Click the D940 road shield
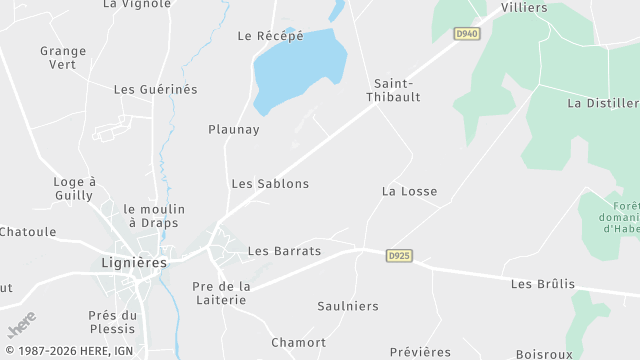pos(467,33)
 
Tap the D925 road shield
pos(399,256)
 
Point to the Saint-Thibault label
pos(397,90)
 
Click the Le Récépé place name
pos(270,36)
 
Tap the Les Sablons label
pos(270,184)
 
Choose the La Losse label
pos(409,191)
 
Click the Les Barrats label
pos(284,251)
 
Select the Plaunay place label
pos(234,129)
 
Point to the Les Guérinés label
pos(156,89)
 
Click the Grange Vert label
pos(63,58)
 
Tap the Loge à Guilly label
pos(74,189)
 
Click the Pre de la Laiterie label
pos(220,293)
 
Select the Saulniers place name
pos(348,306)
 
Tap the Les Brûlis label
pos(543,284)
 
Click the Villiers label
pos(524,8)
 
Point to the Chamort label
pos(298,342)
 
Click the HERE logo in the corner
pos(22,326)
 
